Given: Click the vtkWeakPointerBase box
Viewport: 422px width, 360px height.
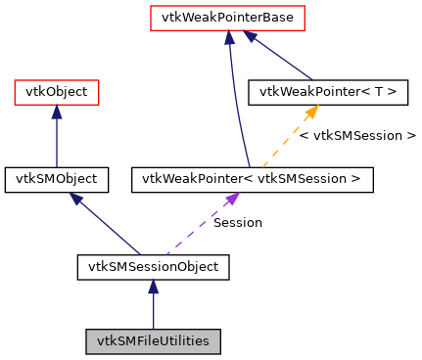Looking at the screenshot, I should coord(227,18).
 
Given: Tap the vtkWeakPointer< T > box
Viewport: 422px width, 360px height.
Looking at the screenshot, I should coord(328,93).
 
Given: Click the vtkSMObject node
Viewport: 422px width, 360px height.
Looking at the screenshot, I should coord(56,179).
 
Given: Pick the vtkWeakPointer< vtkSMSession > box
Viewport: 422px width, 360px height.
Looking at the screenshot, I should coord(252,179).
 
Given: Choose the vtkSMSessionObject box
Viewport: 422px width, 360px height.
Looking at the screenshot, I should coord(153,265).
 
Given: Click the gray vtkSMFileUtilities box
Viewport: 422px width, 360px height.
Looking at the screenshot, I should coord(153,341).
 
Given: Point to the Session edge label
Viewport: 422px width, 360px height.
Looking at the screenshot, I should coord(238,223).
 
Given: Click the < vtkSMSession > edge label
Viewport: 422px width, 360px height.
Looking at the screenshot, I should coord(357,135).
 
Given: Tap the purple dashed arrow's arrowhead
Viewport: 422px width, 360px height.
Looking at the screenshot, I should coord(232,199).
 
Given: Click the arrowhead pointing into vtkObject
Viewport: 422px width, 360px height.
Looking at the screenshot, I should coord(56,112).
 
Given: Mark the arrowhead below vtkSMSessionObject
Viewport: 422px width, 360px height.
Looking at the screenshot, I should coord(153,286).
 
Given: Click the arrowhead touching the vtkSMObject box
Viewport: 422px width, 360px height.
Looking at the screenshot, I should coord(74,199).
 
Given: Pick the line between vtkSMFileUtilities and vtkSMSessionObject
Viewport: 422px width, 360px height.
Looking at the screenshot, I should coord(153,311).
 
